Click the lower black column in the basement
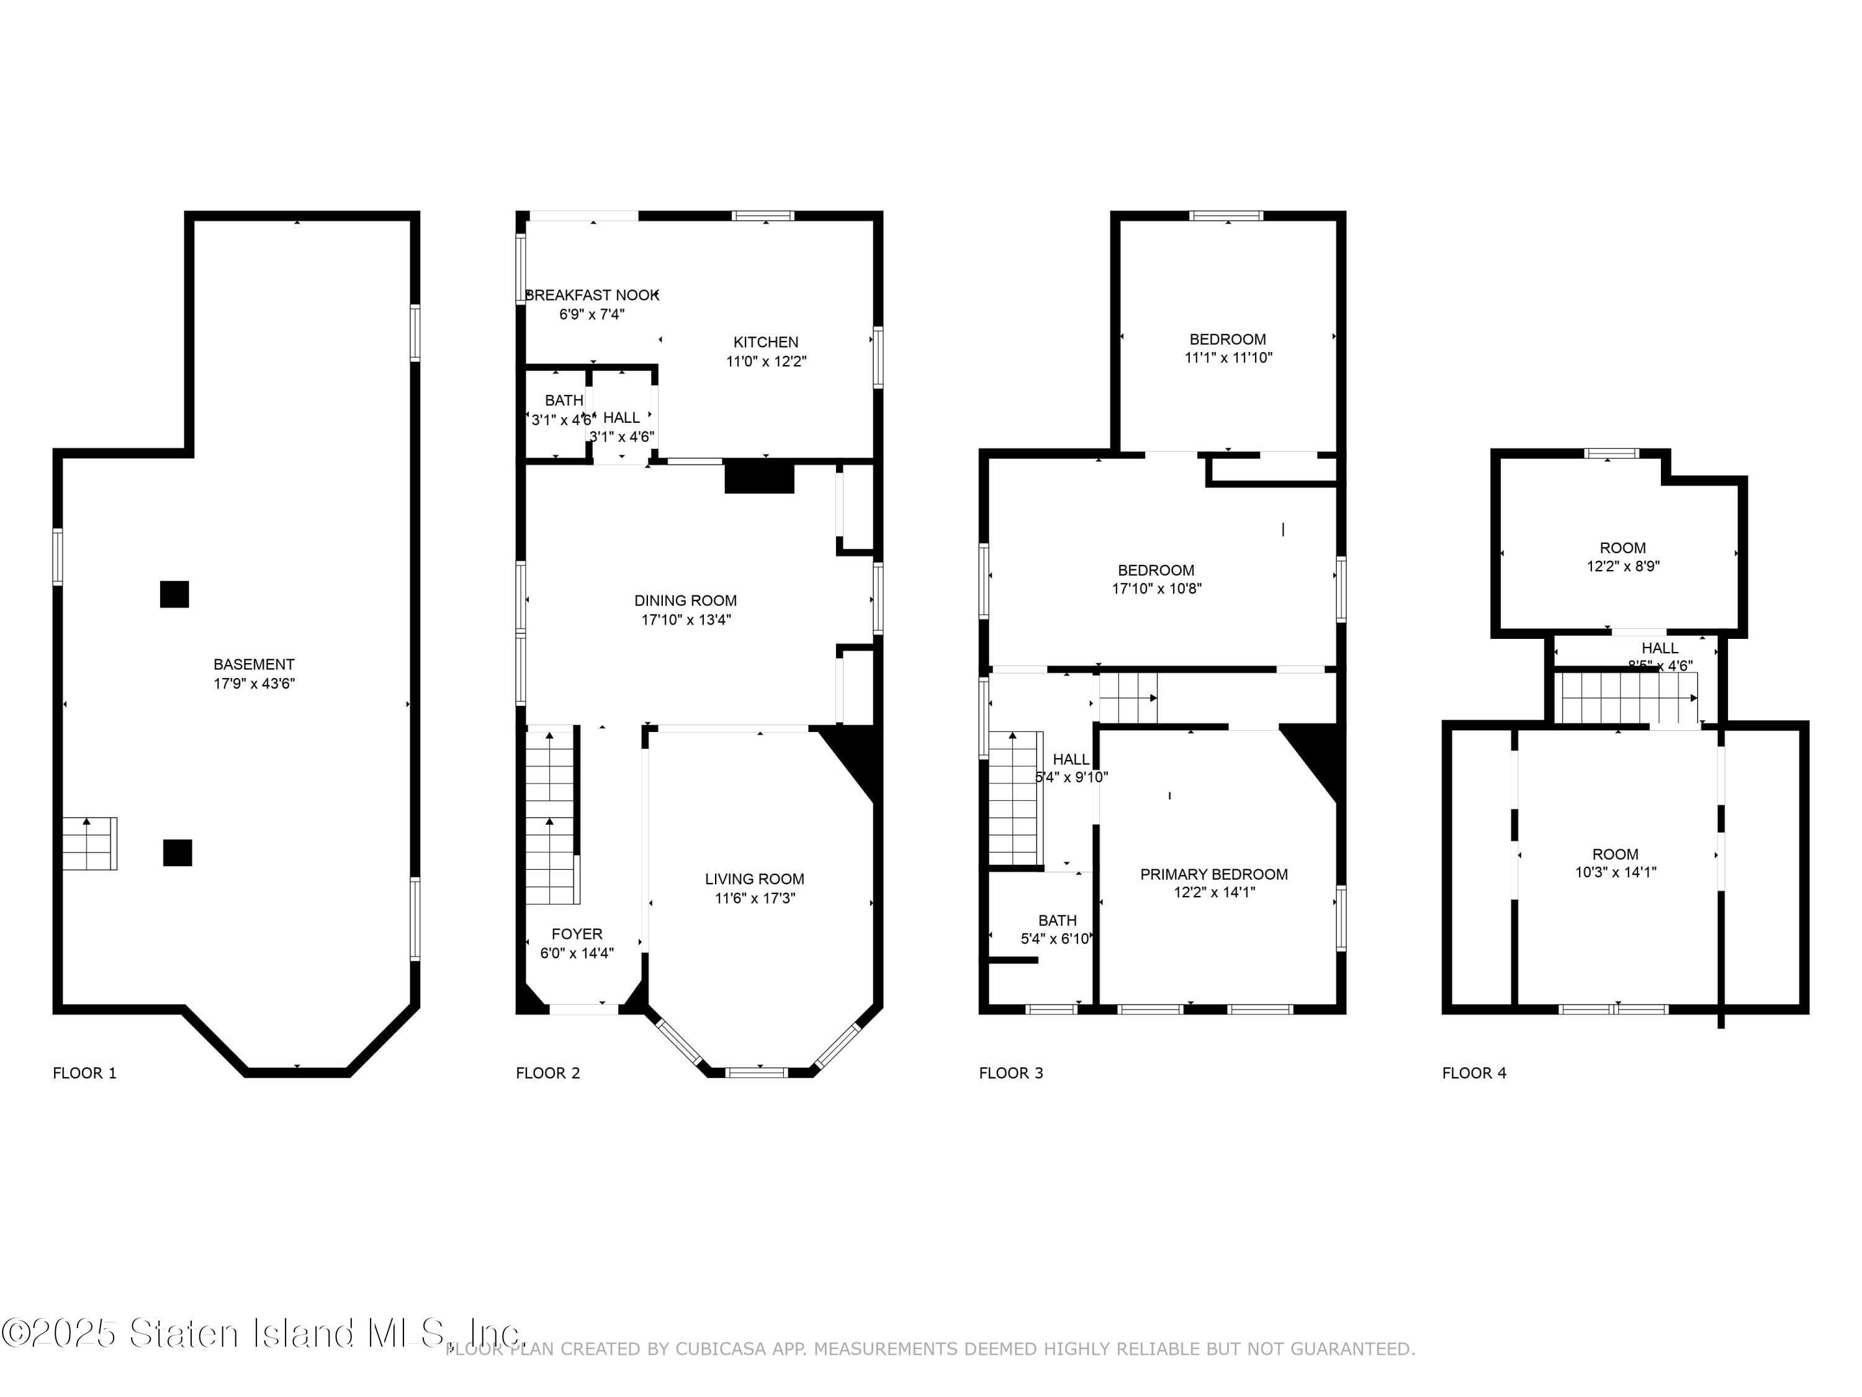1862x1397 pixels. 178,852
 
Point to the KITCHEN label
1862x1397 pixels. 765,342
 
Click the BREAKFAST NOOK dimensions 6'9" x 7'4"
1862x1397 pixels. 591,314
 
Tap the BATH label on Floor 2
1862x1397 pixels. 563,400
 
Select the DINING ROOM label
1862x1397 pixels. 685,600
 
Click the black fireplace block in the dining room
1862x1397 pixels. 759,477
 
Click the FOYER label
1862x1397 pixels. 577,934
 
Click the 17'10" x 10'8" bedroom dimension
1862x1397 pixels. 1156,589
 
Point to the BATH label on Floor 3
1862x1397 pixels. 1056,920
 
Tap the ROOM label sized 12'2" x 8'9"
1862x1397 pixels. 1622,548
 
